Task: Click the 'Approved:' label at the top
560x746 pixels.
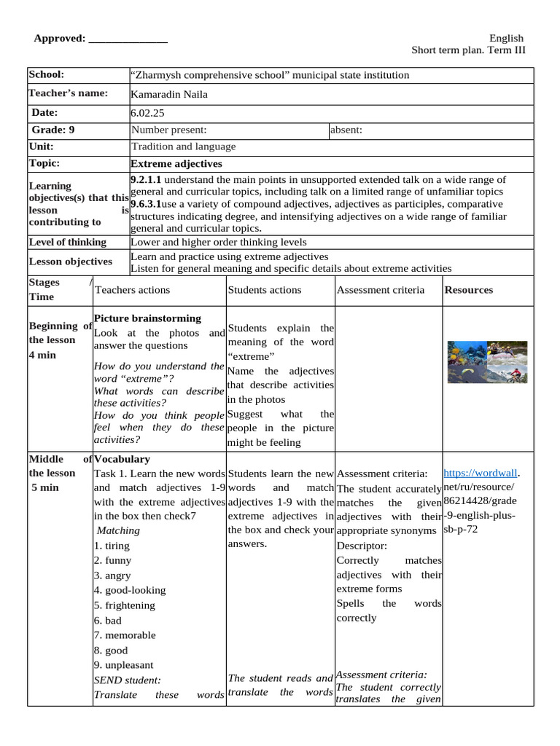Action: click(x=60, y=39)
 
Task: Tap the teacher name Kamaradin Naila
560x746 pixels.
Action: click(x=168, y=94)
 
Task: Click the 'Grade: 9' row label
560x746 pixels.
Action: click(x=52, y=130)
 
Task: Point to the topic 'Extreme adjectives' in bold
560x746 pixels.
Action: click(x=176, y=164)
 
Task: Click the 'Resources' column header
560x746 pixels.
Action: click(x=469, y=290)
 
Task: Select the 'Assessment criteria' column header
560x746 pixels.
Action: click(x=380, y=290)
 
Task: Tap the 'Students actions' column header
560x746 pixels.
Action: click(x=264, y=290)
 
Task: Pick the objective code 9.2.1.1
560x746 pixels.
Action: click(x=146, y=179)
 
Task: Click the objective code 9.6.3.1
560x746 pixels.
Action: click(x=147, y=204)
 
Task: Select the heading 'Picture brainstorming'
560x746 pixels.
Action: click(x=147, y=318)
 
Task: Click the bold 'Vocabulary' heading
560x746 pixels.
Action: click(x=122, y=459)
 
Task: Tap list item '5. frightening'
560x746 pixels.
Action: click(x=124, y=605)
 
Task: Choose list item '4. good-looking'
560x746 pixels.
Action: click(x=129, y=590)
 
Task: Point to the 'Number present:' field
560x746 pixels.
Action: click(x=169, y=130)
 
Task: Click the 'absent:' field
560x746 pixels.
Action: click(x=346, y=130)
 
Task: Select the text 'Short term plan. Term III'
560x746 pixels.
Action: click(x=468, y=50)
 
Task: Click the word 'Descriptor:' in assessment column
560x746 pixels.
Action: click(x=362, y=545)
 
